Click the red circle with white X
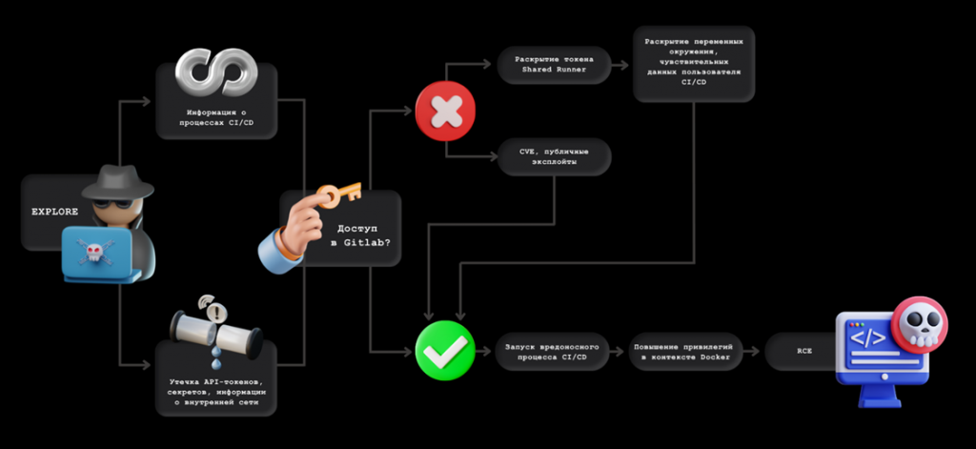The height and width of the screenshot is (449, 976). (x=445, y=111)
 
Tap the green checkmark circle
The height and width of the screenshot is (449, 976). (x=445, y=351)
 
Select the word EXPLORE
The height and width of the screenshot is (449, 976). (x=54, y=212)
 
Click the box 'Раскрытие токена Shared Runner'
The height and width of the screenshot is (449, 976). (x=554, y=65)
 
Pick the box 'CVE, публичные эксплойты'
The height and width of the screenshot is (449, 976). (x=554, y=156)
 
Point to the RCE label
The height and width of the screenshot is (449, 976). (x=804, y=351)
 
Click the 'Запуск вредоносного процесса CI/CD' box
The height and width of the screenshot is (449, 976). (x=553, y=351)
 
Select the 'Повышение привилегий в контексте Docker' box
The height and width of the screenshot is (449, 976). (x=683, y=351)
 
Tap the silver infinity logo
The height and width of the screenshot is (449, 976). (x=216, y=72)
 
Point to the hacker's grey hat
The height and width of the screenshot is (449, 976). (x=117, y=182)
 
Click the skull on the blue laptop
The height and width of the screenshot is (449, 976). (x=93, y=252)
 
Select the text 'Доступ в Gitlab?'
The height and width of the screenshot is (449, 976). (x=360, y=235)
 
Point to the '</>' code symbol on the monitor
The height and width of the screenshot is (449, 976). (x=867, y=338)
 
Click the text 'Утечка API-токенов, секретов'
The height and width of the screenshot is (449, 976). (x=216, y=387)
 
